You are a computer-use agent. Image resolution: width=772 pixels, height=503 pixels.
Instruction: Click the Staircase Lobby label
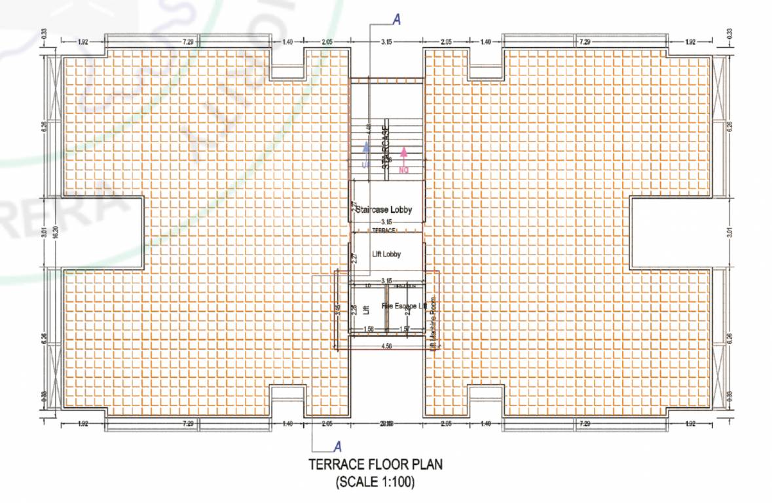coord(384,210)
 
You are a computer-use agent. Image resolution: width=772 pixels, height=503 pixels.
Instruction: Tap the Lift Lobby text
coord(386,254)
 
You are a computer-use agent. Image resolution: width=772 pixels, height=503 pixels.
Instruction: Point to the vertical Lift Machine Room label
coord(433,326)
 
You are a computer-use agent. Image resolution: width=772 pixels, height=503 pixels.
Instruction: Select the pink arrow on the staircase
coord(404,155)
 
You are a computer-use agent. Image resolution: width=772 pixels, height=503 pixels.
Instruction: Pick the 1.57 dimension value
coord(405,329)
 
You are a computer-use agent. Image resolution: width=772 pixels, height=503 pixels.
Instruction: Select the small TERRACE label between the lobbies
coord(384,231)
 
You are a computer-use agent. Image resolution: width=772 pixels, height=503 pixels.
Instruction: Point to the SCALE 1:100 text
coord(375,483)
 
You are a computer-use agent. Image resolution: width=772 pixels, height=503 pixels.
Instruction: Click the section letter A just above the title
coord(338,447)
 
